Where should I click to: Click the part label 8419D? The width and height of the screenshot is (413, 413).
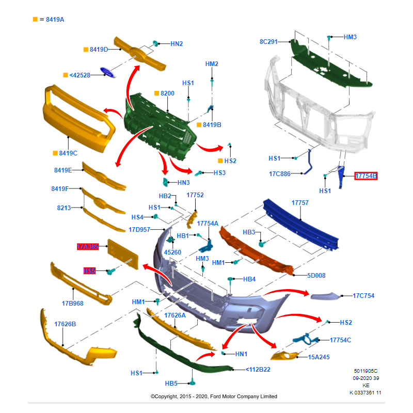(x=99, y=49)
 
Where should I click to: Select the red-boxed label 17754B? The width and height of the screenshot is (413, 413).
(x=366, y=176)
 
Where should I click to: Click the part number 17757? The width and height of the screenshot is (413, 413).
(x=300, y=203)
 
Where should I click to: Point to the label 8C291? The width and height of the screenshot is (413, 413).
(x=268, y=41)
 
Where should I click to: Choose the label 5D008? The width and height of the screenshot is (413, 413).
(x=316, y=276)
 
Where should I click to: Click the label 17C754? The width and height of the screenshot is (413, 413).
(x=363, y=296)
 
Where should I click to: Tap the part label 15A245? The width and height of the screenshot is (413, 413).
(x=319, y=357)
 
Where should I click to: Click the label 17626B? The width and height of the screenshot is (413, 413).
(x=65, y=324)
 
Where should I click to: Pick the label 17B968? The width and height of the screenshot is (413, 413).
(x=73, y=304)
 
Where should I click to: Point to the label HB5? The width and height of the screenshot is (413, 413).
(x=171, y=384)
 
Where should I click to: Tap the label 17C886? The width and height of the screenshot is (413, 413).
(x=279, y=174)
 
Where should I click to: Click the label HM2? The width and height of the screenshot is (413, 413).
(x=212, y=64)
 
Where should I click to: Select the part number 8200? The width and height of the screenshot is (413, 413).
(x=167, y=93)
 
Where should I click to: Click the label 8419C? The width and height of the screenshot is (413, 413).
(x=68, y=153)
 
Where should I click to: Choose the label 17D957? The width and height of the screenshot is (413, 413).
(x=139, y=229)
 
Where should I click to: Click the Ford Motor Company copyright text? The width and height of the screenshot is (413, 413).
(x=214, y=396)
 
